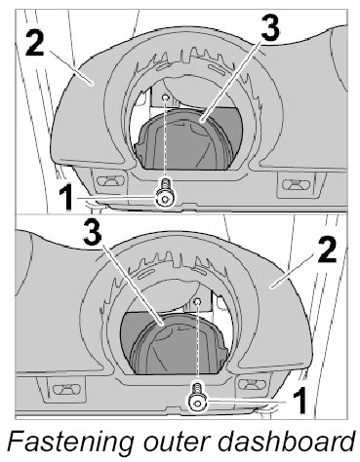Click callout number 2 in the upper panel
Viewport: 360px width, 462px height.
[x=35, y=43]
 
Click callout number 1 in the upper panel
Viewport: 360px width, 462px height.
[x=67, y=198]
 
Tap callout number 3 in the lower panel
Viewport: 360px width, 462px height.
[x=93, y=231]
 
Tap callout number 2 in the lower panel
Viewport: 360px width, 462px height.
[x=327, y=249]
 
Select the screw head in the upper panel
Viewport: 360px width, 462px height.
[x=165, y=199]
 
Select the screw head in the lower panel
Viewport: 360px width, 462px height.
[x=197, y=403]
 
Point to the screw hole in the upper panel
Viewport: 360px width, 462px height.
[x=166, y=97]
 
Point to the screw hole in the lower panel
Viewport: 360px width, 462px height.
[x=197, y=302]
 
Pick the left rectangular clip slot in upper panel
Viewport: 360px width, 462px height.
[x=111, y=180]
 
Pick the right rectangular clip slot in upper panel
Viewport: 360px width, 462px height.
[x=296, y=184]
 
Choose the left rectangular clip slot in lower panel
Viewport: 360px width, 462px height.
[x=66, y=388]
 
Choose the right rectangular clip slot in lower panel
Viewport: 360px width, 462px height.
[x=252, y=384]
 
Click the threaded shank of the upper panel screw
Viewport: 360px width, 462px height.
[x=166, y=185]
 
